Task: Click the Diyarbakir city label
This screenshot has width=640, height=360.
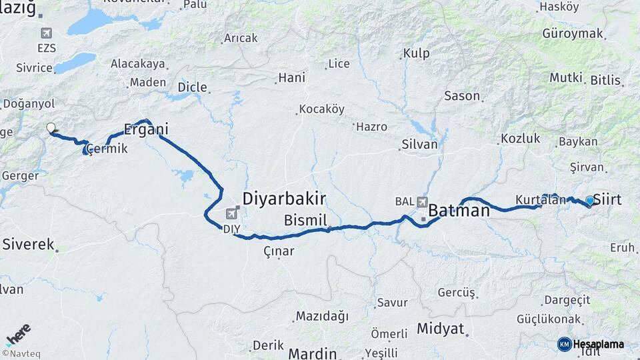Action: coord(284,199)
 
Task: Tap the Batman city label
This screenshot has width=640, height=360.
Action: coord(459,211)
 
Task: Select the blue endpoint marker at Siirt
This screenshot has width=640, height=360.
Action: coord(589,201)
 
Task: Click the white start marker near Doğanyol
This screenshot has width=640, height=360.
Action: coord(51,127)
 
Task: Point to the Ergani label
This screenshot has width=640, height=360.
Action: coord(146,129)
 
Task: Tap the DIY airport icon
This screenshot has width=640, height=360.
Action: coord(231,213)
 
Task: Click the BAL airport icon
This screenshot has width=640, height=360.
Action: coord(422,201)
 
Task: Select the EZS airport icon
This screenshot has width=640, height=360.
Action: coord(47,33)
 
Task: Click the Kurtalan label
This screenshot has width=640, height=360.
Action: coord(540,199)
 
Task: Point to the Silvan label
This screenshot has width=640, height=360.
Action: coord(419,144)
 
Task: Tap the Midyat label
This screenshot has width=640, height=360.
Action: coord(440,329)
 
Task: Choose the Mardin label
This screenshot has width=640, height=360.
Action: coord(313,353)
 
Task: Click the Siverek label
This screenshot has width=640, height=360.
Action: coord(28,244)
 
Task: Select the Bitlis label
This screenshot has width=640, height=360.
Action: coord(606,80)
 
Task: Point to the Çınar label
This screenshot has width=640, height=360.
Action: coord(279,251)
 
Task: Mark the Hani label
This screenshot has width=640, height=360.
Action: coord(291,77)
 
